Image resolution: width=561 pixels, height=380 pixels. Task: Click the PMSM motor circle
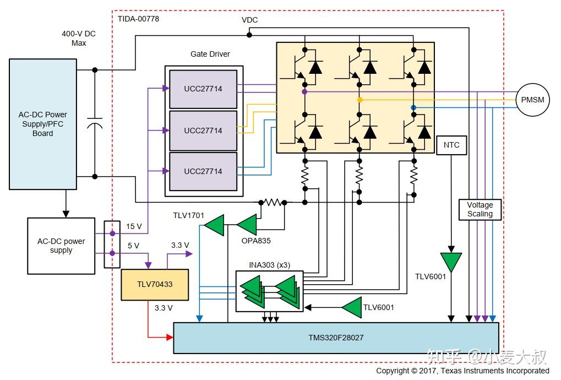tap(532, 100)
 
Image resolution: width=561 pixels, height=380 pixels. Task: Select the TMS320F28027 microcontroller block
tap(336, 338)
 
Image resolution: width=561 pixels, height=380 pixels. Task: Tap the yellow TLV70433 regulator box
tap(155, 285)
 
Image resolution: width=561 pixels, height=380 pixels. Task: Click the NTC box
tap(451, 145)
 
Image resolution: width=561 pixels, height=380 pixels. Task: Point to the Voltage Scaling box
tap(480, 209)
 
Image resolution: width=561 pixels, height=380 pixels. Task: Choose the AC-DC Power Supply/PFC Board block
tap(43, 124)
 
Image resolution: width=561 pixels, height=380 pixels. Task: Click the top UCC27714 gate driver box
tap(203, 89)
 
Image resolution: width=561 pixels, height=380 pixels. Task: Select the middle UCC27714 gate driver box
tap(203, 131)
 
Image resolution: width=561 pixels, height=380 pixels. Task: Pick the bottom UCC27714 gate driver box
tap(203, 171)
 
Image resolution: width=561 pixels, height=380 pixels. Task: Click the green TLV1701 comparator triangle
tap(215, 225)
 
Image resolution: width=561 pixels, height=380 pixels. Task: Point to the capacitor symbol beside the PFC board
tap(95, 123)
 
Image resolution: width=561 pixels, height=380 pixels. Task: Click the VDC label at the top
tap(249, 20)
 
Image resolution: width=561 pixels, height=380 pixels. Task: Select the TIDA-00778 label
tap(139, 19)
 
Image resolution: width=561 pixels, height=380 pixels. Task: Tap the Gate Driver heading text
tap(210, 54)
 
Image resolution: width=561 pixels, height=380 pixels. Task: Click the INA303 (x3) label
tap(269, 265)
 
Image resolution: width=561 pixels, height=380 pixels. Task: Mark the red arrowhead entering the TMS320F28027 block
tap(168, 335)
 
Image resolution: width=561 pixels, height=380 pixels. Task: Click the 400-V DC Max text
tap(78, 38)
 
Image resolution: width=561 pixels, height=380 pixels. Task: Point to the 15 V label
tap(134, 226)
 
